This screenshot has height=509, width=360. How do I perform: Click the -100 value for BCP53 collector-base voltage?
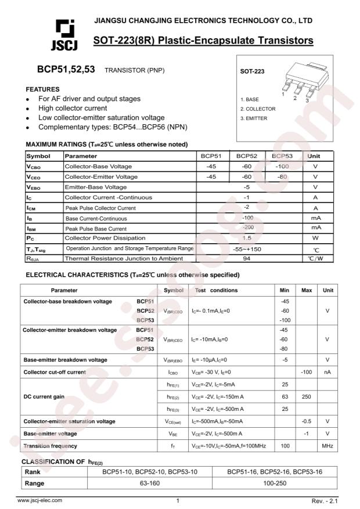coord(282,167)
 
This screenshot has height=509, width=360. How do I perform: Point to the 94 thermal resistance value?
coord(246,258)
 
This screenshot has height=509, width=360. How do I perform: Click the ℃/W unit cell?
coord(315,258)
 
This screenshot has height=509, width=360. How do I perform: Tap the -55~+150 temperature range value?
coord(246,248)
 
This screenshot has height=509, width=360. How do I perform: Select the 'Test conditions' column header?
coord(217,290)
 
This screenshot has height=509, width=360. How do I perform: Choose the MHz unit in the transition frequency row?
coord(328,446)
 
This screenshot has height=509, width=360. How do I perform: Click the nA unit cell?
coord(328,371)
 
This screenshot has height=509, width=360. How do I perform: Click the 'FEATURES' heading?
coord(43,89)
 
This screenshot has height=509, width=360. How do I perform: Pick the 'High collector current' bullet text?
coord(73,108)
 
